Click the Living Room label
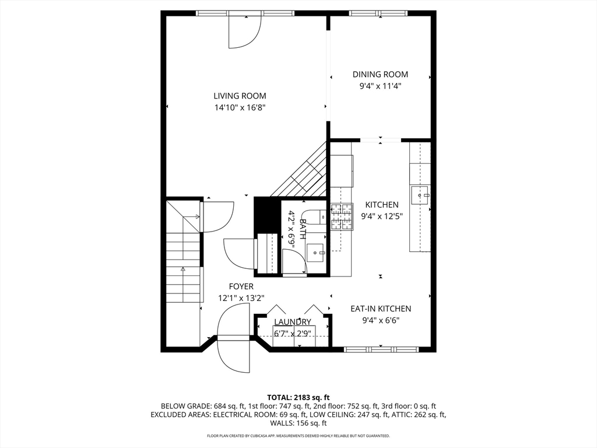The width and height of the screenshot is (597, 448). (240, 96)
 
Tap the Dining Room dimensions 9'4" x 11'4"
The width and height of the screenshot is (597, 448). (380, 86)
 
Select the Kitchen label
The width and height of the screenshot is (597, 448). (382, 205)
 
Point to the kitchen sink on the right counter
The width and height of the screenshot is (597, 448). (420, 195)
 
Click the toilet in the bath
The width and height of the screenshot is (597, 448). (318, 216)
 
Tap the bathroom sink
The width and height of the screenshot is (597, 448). (315, 253)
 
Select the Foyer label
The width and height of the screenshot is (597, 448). (241, 286)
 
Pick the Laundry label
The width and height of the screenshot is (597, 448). (293, 322)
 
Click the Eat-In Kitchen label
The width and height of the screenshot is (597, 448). (381, 309)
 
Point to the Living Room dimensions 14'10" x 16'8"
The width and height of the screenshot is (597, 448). (240, 107)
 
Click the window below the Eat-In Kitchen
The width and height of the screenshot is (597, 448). (381, 349)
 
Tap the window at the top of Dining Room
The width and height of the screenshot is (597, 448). (380, 13)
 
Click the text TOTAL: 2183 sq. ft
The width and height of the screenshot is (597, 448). (298, 397)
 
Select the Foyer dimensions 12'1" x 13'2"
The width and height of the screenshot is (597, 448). (241, 297)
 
